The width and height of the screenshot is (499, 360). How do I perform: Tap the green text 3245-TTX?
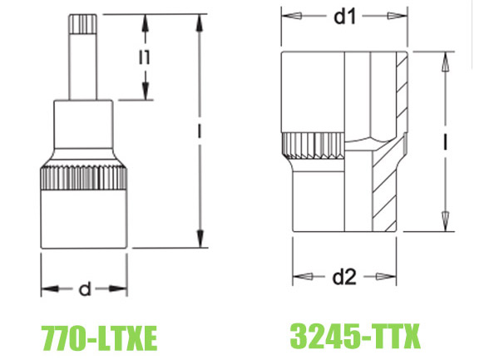point(356,337)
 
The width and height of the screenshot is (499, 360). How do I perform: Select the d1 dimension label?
point(344,15)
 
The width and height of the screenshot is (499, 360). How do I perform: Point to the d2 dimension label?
point(344,274)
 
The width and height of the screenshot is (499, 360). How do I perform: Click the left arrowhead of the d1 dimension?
point(286,15)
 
